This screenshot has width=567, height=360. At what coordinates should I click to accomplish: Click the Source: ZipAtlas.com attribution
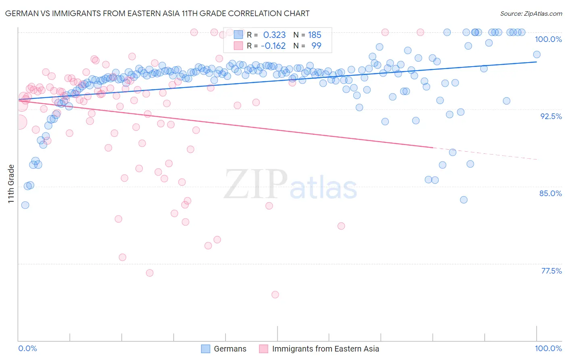point(531,13)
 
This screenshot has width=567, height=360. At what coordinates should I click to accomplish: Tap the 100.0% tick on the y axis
point(548,39)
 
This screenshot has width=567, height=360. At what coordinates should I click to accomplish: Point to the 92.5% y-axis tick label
point(551,116)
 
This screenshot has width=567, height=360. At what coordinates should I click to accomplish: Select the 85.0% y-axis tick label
point(550,193)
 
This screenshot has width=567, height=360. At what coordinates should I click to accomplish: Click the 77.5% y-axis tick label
point(551,271)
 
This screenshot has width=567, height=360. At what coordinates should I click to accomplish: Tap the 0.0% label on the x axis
point(27,348)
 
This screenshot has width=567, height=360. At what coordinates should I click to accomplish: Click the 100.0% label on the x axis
point(548,348)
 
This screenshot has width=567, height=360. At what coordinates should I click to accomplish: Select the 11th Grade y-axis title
point(11,184)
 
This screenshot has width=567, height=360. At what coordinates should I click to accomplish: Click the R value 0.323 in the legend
point(274,35)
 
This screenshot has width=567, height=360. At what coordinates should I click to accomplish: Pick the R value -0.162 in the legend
point(273,46)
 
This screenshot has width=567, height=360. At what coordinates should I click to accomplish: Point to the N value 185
point(315,35)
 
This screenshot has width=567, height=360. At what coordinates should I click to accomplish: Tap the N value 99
point(316,46)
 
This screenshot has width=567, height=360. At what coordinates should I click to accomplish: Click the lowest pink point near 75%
point(275,295)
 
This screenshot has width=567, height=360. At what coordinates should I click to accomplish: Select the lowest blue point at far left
point(25,205)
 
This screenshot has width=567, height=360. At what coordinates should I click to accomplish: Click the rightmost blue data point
point(536,54)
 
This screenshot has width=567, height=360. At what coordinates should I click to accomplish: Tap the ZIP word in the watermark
point(255,184)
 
